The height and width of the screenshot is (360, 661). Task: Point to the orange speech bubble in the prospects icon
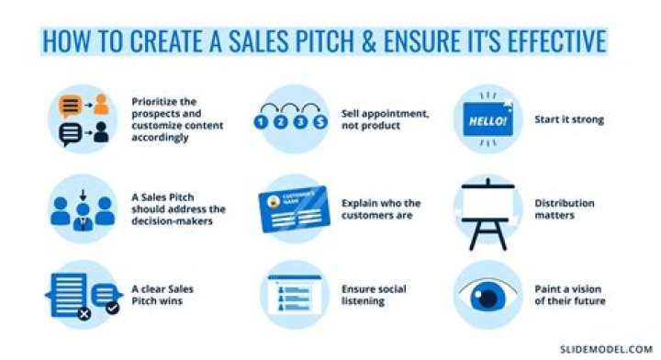click(69, 105)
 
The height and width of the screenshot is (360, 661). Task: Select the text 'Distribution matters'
click(565, 209)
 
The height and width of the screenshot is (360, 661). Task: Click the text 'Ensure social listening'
click(370, 295)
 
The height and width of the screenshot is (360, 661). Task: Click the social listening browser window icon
click(287, 296)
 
